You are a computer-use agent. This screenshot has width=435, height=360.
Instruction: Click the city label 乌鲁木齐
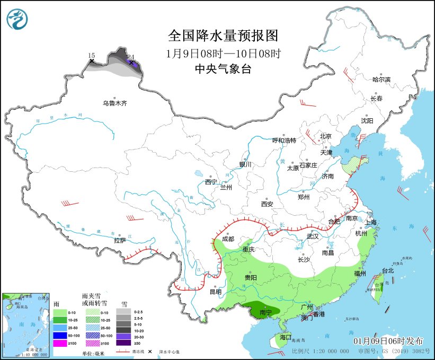pyautogui.click(x=114, y=103)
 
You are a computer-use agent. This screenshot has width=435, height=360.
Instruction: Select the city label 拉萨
pyautogui.click(x=120, y=240)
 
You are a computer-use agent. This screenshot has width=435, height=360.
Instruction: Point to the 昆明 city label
pyautogui.click(x=215, y=292)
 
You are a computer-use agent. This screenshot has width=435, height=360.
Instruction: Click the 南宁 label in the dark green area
pyautogui.click(x=266, y=313)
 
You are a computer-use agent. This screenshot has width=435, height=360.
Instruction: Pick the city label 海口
pyautogui.click(x=286, y=337)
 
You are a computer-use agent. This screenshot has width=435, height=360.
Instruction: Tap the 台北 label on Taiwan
pyautogui.click(x=388, y=270)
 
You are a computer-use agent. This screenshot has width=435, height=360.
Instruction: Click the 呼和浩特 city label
pyautogui.click(x=284, y=141)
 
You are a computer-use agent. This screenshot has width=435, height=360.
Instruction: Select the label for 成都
pyautogui.click(x=228, y=239)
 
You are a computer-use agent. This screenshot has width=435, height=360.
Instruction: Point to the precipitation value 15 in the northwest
pyautogui.click(x=91, y=56)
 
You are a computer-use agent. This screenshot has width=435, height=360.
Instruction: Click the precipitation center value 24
pyautogui.click(x=131, y=57)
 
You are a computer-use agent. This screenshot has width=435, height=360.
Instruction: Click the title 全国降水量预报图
pyautogui.click(x=223, y=36)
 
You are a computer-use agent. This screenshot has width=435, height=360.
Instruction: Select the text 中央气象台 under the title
pyautogui.click(x=223, y=68)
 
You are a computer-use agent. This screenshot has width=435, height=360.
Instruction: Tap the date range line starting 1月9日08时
pyautogui.click(x=223, y=53)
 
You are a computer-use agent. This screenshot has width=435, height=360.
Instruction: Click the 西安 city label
pyautogui.click(x=267, y=204)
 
